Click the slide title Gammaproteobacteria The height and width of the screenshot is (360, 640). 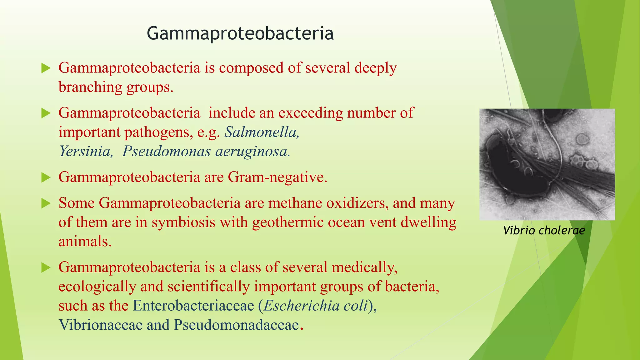240,33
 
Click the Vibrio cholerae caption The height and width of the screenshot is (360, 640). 544,231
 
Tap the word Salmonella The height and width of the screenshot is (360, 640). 262,132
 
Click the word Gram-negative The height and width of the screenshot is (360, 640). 277,177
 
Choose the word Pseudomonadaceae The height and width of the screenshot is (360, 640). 236,325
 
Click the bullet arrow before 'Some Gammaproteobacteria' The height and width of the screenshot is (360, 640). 46,204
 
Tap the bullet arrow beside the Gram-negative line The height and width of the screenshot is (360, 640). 46,178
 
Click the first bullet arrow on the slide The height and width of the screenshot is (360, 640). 46,68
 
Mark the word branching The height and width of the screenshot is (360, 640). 90,87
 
